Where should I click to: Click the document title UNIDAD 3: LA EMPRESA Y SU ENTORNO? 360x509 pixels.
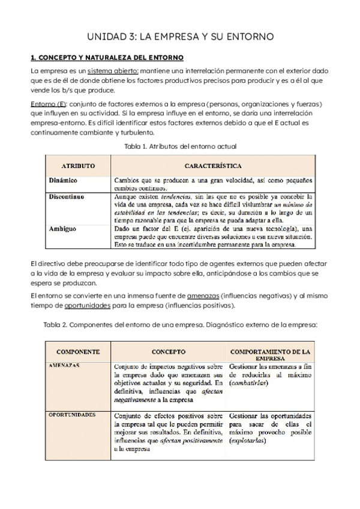180,37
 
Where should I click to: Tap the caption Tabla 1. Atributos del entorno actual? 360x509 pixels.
180,146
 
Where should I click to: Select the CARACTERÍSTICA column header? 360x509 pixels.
213,165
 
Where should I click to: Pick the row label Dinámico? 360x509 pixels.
63,180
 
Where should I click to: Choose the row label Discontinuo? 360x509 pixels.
66,196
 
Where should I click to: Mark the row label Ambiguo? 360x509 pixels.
62,228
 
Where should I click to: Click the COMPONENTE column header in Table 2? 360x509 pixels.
78,352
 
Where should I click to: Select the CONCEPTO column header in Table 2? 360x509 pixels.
168,352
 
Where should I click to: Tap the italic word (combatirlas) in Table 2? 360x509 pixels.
247,383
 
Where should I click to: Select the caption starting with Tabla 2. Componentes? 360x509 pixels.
180,325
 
